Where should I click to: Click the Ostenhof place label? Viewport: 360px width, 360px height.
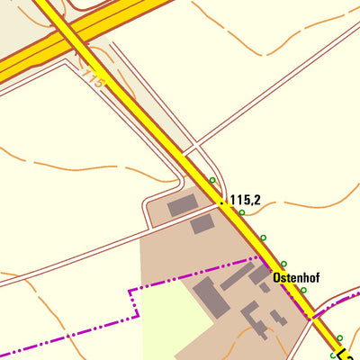click(296, 278)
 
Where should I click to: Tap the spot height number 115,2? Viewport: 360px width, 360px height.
click(245, 200)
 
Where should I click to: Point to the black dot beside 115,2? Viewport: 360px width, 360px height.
click(222, 202)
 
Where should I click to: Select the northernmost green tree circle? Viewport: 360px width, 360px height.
click(212, 180)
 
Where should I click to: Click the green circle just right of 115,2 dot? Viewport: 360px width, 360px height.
click(241, 212)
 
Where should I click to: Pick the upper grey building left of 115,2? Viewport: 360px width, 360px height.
click(181, 205)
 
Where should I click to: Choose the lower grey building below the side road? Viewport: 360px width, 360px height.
click(202, 224)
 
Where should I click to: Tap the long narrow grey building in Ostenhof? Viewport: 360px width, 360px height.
click(236, 276)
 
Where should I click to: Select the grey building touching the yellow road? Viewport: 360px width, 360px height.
click(260, 274)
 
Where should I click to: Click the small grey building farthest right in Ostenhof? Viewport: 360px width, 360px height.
click(281, 319)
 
